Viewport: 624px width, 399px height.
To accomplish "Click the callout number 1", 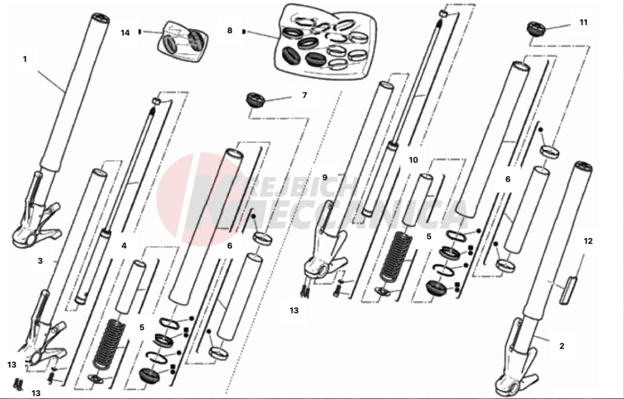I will (25, 59).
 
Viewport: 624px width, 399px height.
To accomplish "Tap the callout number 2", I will (562, 345).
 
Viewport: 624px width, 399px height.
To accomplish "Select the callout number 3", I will (40, 261).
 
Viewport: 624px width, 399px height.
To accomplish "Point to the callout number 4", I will (124, 246).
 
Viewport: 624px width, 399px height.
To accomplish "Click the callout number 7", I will (305, 96).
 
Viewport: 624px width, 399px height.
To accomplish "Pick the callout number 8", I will (230, 30).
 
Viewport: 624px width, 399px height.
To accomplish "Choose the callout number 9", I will (324, 177).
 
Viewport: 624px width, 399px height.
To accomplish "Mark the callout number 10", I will (413, 160).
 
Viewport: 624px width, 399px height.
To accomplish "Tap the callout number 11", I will (583, 22).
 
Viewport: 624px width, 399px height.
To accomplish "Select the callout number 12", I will (588, 240).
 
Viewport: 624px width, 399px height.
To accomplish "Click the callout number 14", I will (125, 32).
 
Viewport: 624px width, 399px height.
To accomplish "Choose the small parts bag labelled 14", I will (184, 42).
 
